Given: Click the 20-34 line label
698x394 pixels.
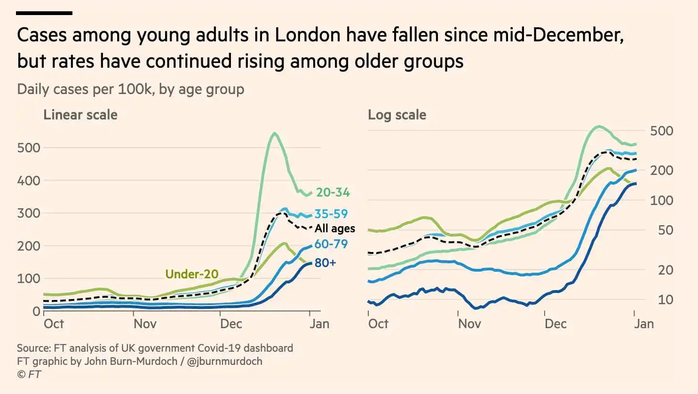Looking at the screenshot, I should (x=333, y=192).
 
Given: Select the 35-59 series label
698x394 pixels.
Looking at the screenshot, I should (x=331, y=214).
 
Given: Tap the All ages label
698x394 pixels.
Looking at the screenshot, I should (x=334, y=229).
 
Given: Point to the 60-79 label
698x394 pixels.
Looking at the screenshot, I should (x=331, y=244).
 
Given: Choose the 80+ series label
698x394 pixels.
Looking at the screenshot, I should (x=325, y=263).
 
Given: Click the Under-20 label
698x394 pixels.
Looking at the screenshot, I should (x=192, y=274).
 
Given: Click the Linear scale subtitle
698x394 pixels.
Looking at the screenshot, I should (x=80, y=115).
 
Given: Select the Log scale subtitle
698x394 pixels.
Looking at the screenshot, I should (x=397, y=115).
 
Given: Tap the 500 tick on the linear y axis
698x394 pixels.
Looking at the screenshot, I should (x=29, y=148).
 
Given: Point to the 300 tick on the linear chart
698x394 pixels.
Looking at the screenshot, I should (x=29, y=213).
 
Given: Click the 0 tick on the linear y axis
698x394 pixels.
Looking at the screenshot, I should (x=36, y=311).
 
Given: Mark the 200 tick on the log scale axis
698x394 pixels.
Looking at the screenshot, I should (x=661, y=170).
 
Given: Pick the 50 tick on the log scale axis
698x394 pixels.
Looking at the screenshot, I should (x=665, y=230).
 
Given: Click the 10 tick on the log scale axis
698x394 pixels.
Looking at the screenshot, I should (x=665, y=299).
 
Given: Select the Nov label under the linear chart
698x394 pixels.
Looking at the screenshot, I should (x=145, y=324).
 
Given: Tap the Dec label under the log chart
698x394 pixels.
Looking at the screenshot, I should (x=555, y=324).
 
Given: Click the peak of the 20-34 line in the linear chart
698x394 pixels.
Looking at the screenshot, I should (x=274, y=134).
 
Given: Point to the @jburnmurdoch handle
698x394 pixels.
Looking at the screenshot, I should (x=224, y=362).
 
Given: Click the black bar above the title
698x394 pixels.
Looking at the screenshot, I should (x=44, y=13).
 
